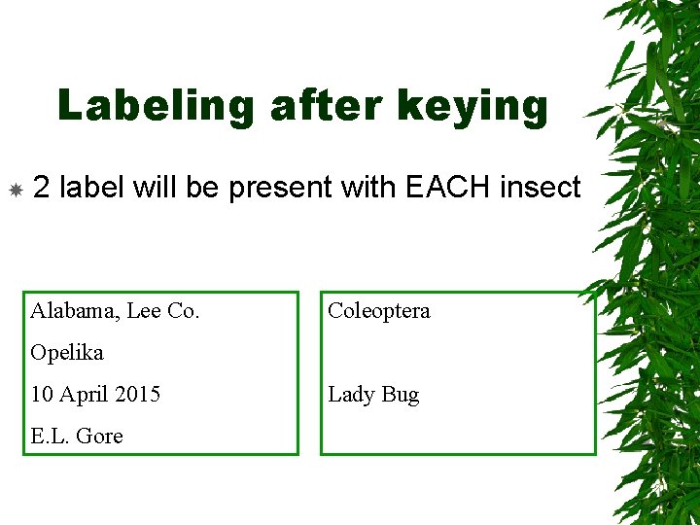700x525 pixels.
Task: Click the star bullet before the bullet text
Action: [16, 189]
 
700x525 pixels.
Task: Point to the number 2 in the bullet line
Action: [42, 187]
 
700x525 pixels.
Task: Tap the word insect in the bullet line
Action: [540, 187]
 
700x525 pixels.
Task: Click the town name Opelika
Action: [67, 353]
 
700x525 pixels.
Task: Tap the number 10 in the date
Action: [42, 395]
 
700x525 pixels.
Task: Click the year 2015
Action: [137, 395]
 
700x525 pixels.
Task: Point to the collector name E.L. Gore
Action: [77, 437]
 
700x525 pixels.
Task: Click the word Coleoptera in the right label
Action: [379, 311]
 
